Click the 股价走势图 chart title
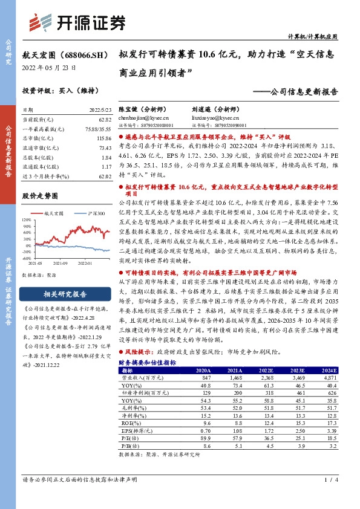[39, 196]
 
